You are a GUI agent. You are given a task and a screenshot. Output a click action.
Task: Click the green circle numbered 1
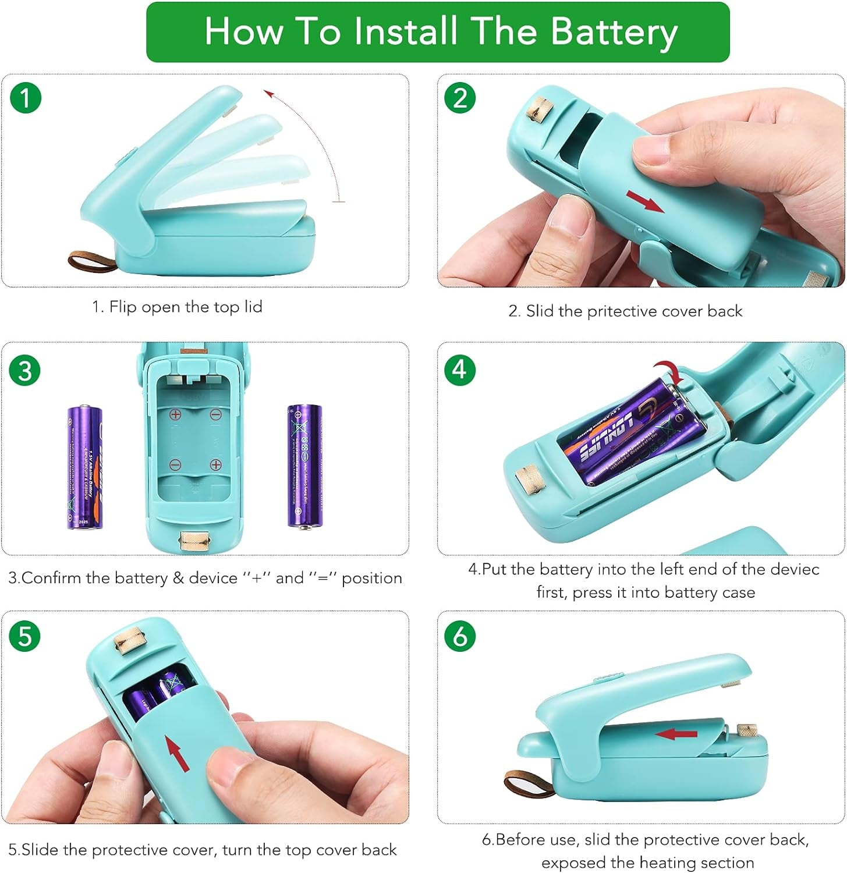click(26, 98)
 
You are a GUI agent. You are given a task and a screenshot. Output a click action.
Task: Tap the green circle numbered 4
click(460, 369)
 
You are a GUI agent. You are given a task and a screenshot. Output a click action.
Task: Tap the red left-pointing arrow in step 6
click(676, 734)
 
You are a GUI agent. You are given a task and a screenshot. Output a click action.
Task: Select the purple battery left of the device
click(84, 467)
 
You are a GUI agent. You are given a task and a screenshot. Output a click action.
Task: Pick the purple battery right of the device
click(304, 466)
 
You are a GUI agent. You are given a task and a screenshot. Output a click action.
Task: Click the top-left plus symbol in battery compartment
click(175, 415)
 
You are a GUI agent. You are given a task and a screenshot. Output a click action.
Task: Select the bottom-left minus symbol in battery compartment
click(175, 465)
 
